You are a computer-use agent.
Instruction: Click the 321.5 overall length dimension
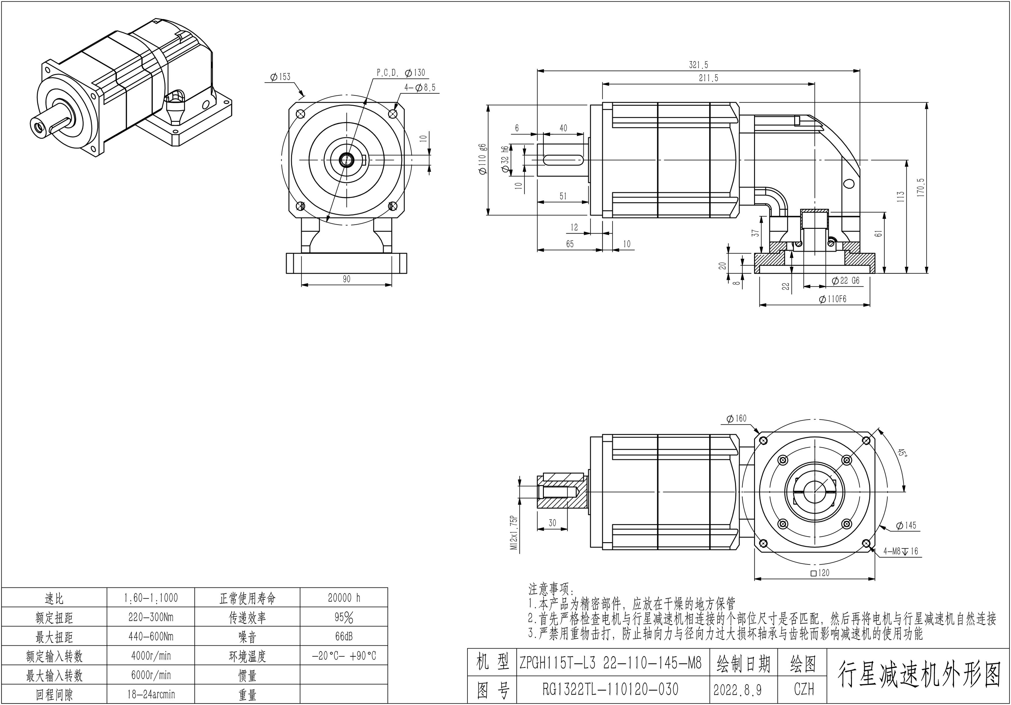coord(698,65)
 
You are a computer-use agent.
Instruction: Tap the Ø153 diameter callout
coord(281,77)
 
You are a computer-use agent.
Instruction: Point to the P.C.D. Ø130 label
coord(401,73)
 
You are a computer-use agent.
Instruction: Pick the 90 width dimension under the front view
coord(347,279)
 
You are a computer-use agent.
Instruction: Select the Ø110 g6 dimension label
coord(483,159)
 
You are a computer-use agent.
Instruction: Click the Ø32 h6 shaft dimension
coord(505,159)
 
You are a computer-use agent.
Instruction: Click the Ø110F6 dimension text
coord(833,299)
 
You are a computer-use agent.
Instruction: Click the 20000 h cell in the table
coord(344,598)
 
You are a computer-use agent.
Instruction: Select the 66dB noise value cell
coord(344,636)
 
